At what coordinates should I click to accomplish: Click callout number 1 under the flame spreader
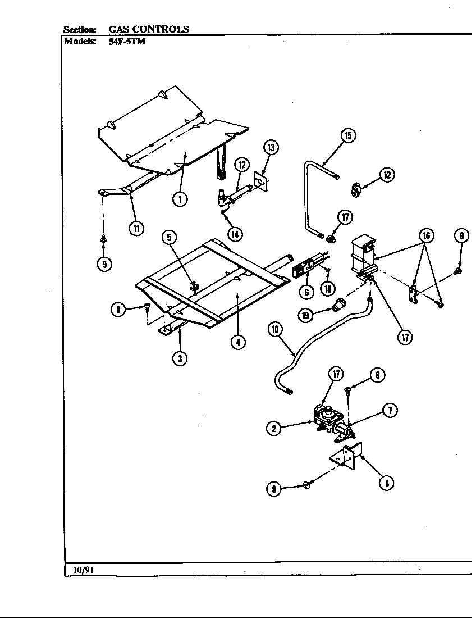(x=180, y=199)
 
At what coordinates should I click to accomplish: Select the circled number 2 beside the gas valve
(x=273, y=428)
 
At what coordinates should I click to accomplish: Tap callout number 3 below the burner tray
(x=179, y=358)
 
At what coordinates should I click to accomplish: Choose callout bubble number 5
(x=170, y=238)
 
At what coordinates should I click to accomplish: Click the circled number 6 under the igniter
(x=306, y=292)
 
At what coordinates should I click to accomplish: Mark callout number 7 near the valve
(x=390, y=411)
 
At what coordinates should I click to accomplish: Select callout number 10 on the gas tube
(x=275, y=330)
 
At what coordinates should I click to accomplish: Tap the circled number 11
(x=135, y=228)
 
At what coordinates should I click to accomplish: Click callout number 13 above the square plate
(x=271, y=148)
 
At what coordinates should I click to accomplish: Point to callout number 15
(x=348, y=135)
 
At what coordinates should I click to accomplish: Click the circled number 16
(x=426, y=235)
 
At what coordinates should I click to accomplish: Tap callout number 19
(x=305, y=315)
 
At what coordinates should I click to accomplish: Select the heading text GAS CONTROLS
(x=148, y=29)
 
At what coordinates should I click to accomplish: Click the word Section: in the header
(x=80, y=29)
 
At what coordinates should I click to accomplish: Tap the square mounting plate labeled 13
(x=260, y=181)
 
